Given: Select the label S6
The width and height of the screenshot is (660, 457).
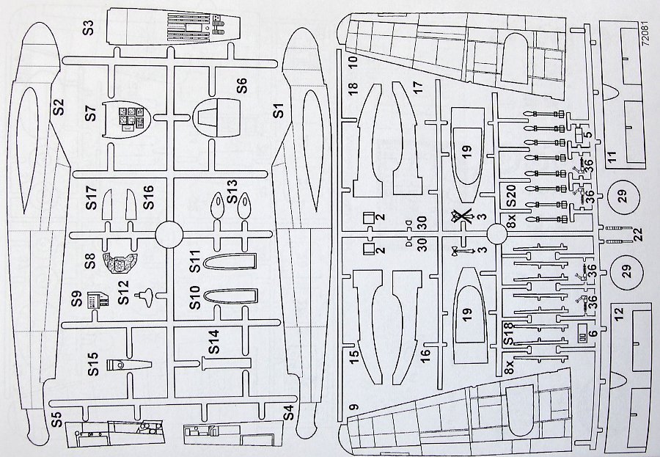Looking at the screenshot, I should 242,85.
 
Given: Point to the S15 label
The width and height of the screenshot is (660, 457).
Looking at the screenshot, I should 92,364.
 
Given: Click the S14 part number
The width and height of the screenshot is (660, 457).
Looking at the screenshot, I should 213,343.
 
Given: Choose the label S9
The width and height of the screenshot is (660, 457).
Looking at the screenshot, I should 76,299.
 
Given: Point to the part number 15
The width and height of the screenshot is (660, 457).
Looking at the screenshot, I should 353,359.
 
